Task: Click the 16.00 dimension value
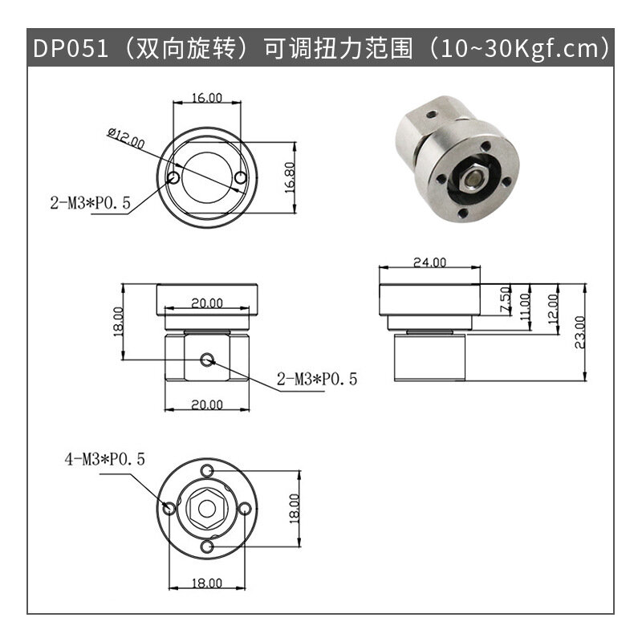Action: click(x=207, y=98)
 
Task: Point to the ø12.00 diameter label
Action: click(x=126, y=138)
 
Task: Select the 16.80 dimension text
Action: click(x=290, y=177)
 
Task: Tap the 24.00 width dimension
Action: click(x=429, y=262)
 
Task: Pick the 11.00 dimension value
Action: click(x=525, y=307)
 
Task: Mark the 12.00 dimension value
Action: click(x=553, y=308)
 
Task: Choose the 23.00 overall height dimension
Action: click(x=580, y=332)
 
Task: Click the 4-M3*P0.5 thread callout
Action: click(x=105, y=459)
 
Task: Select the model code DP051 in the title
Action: click(x=71, y=48)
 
